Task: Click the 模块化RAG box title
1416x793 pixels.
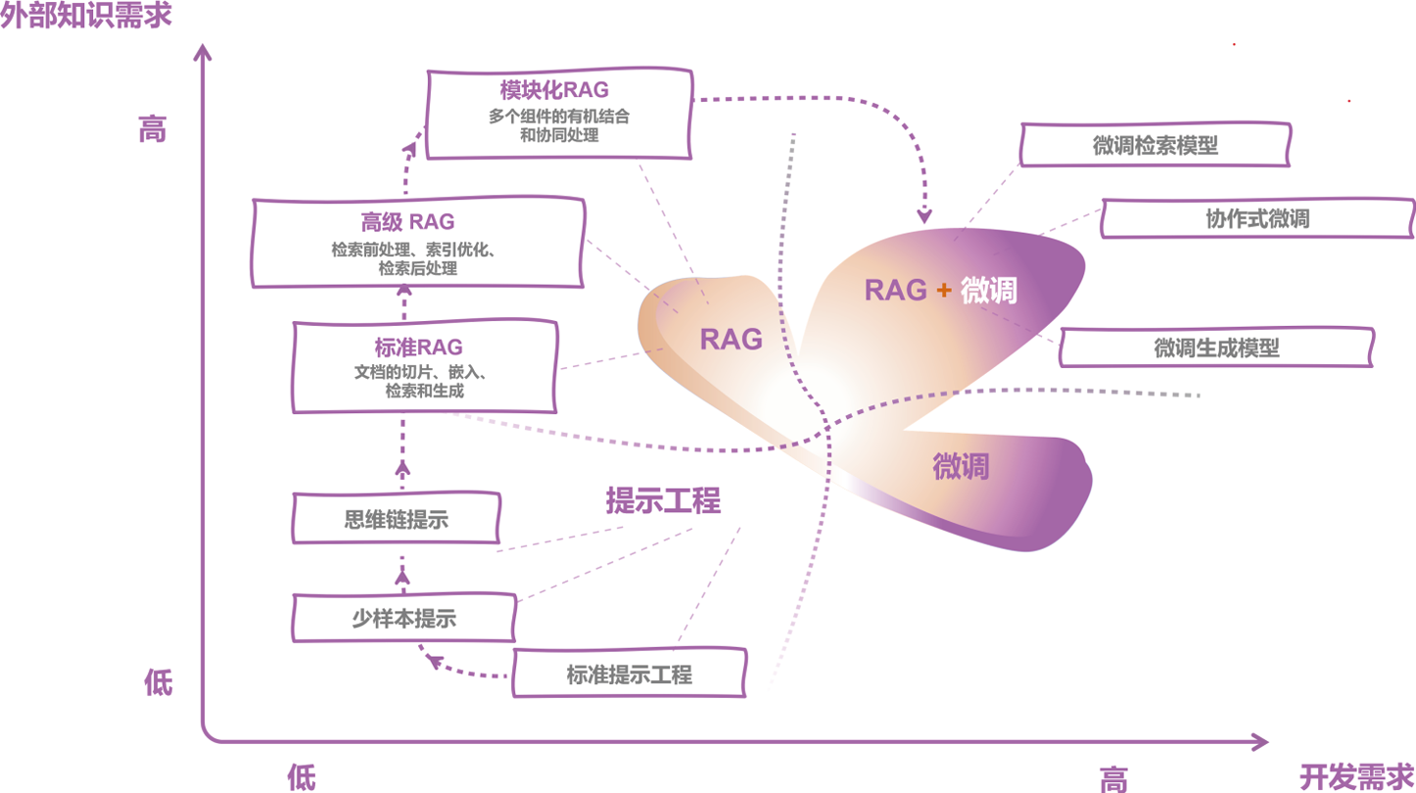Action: pyautogui.click(x=554, y=91)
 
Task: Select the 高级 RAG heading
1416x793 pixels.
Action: pyautogui.click(x=407, y=222)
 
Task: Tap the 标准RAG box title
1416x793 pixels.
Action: pyautogui.click(x=418, y=348)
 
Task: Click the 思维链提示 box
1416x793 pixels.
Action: pyautogui.click(x=397, y=519)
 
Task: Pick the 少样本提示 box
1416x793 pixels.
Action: pyautogui.click(x=404, y=619)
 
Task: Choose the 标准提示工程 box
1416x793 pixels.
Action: pyautogui.click(x=629, y=675)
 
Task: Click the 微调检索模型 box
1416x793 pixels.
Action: pyautogui.click(x=1155, y=146)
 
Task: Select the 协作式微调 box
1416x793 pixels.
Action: pyautogui.click(x=1257, y=219)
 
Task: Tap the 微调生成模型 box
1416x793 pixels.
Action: pyautogui.click(x=1216, y=348)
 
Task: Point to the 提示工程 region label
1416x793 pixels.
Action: pyautogui.click(x=663, y=501)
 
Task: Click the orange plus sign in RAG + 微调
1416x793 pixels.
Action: pyautogui.click(x=944, y=291)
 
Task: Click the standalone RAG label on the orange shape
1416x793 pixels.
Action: pyautogui.click(x=731, y=340)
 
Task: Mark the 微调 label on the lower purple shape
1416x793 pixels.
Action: pyautogui.click(x=961, y=467)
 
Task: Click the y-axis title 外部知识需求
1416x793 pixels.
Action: pyautogui.click(x=86, y=17)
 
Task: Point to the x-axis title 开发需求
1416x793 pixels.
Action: pyautogui.click(x=1356, y=776)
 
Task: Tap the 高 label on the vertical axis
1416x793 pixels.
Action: pyautogui.click(x=153, y=129)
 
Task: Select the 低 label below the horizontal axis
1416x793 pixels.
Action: pyautogui.click(x=302, y=777)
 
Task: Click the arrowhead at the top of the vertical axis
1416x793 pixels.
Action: pyautogui.click(x=203, y=51)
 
